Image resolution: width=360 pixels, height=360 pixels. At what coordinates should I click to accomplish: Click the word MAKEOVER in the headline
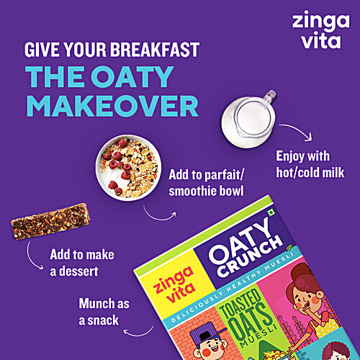coord(112,105)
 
